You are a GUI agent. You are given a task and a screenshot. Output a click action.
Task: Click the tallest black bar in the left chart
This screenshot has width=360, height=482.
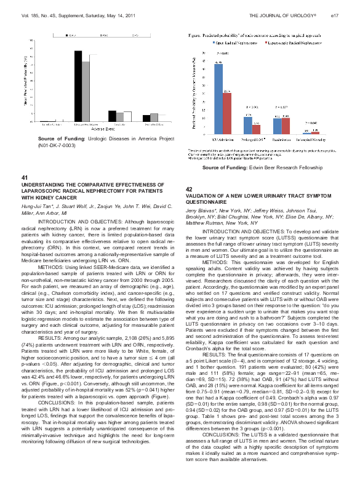pos(78,86)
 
